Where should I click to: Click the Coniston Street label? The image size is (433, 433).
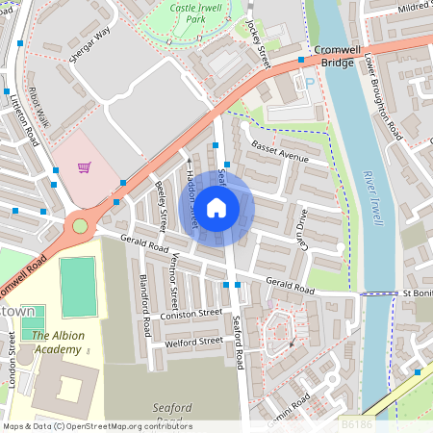(192, 314)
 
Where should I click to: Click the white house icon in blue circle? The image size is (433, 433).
(216, 206)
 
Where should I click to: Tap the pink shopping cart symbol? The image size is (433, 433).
(85, 167)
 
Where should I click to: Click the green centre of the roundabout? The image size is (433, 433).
(80, 226)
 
